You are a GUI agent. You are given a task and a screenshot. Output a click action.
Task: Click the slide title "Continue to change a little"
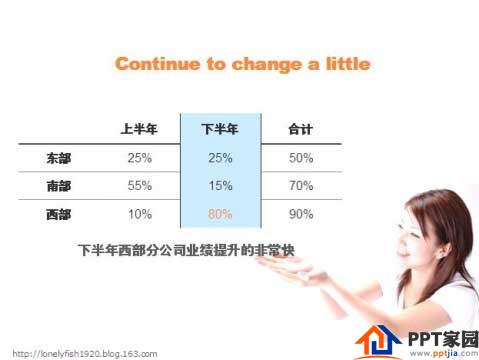pos(242,64)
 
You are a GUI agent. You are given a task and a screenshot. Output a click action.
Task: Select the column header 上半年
pos(139,129)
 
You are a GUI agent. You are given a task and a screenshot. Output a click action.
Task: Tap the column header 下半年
pos(220,129)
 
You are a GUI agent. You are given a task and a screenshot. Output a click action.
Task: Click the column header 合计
pos(300,129)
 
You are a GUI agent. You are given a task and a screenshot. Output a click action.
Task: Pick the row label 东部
pos(59,158)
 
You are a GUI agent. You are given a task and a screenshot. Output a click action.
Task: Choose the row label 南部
pos(59,186)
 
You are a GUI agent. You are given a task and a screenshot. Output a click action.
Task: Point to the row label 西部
pos(59,214)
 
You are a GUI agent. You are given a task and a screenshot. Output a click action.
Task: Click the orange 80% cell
pos(220,214)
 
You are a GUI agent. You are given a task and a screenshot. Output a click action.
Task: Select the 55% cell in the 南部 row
pos(139,186)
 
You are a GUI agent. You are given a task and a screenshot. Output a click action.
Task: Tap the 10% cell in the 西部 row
pos(139,214)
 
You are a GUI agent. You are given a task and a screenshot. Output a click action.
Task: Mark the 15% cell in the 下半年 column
pos(220,186)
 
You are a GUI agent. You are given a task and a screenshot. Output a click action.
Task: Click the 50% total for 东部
pos(300,158)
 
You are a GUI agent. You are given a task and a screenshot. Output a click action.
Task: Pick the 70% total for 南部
pos(300,186)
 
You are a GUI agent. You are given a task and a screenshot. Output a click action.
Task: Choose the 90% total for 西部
pos(300,214)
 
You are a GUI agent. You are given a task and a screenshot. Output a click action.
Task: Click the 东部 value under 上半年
pos(139,158)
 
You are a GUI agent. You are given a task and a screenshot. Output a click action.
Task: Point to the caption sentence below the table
pos(190,248)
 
